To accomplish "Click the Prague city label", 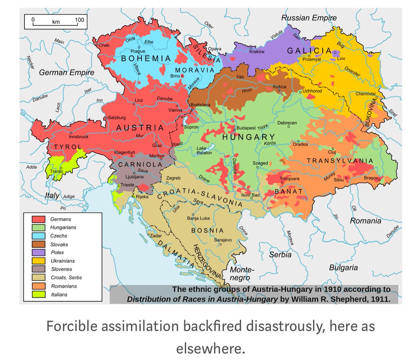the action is (x=138, y=51).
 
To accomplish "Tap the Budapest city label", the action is (x=246, y=128).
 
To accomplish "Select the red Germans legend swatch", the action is (x=39, y=219).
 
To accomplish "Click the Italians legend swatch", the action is (x=39, y=294).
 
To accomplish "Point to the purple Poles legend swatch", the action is (x=39, y=252).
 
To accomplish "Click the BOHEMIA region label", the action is (x=146, y=59).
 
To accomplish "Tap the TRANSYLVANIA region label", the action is (x=340, y=161).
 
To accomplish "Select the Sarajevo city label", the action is (x=223, y=240).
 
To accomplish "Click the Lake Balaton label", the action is (x=204, y=151).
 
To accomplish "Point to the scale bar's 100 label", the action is (x=79, y=20).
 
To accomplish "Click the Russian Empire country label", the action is (x=309, y=18).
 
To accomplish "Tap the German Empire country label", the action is (x=66, y=73).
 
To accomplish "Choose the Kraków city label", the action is (x=257, y=52).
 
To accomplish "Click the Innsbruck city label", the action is (x=78, y=137).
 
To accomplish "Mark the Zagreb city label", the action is (x=173, y=178).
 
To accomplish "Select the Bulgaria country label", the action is (x=343, y=268).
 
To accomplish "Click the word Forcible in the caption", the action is (x=71, y=326).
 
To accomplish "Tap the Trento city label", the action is (x=57, y=171).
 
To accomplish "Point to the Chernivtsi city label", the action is (x=365, y=94).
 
